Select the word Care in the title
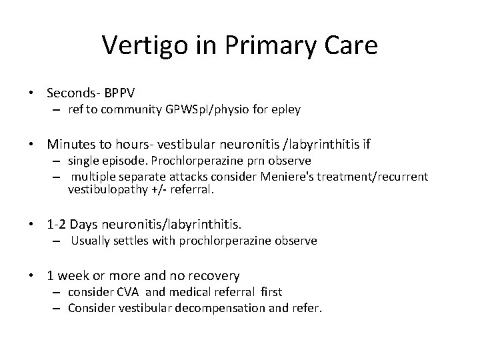pos(348,46)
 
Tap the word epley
pos(286,108)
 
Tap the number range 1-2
pos(58,223)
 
